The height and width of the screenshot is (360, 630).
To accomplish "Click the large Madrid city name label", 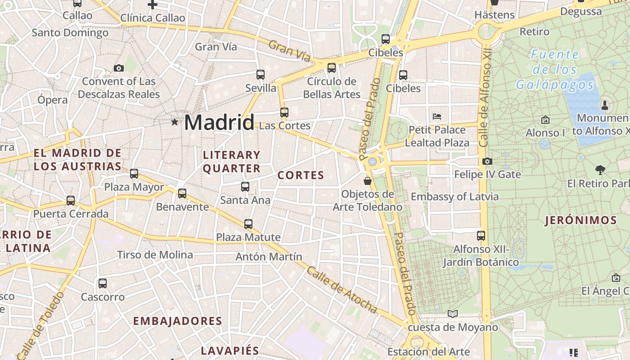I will pyautogui.click(x=219, y=122).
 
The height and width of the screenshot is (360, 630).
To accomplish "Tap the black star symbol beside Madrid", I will pyautogui.click(x=175, y=122).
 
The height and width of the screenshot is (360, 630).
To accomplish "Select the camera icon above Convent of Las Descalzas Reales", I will pyautogui.click(x=119, y=68).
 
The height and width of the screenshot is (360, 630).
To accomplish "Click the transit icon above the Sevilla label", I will pyautogui.click(x=261, y=74).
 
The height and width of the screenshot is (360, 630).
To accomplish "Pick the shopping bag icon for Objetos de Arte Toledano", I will pyautogui.click(x=368, y=181).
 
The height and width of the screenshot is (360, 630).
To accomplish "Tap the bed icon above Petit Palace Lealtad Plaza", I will pyautogui.click(x=437, y=116).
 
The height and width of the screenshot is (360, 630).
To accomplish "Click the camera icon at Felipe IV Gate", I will pyautogui.click(x=487, y=161).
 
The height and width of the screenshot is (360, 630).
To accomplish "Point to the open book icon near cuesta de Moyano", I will pyautogui.click(x=453, y=314).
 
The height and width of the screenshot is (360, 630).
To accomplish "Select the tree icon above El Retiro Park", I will pyautogui.click(x=600, y=170).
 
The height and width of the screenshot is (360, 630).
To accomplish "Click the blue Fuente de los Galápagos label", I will pyautogui.click(x=555, y=70).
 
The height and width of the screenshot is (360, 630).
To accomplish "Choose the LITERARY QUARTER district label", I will pyautogui.click(x=232, y=162).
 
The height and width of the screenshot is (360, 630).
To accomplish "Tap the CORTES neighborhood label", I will pyautogui.click(x=301, y=175).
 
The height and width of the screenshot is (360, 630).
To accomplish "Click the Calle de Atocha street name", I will pyautogui.click(x=342, y=289).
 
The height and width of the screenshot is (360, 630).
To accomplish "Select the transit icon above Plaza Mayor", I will pyautogui.click(x=134, y=173).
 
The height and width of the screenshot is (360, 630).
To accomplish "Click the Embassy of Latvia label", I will pyautogui.click(x=454, y=197).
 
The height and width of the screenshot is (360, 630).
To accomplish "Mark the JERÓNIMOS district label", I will pyautogui.click(x=580, y=220).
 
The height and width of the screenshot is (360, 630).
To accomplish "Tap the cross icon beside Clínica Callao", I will pyautogui.click(x=153, y=5).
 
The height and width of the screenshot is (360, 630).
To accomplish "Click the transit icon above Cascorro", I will pyautogui.click(x=103, y=283).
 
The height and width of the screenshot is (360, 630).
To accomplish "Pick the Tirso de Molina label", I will pyautogui.click(x=155, y=255).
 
